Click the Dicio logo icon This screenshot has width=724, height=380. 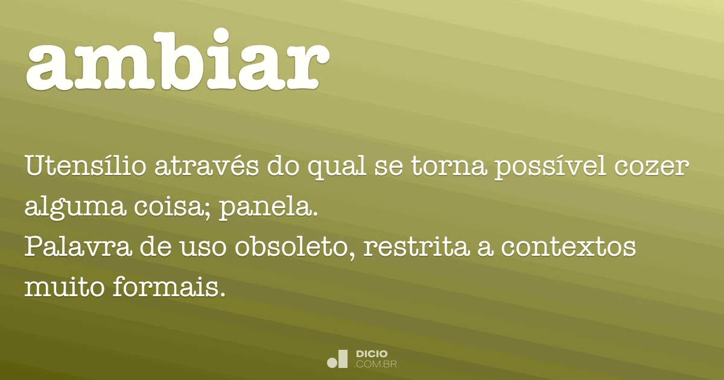click(x=337, y=359)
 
